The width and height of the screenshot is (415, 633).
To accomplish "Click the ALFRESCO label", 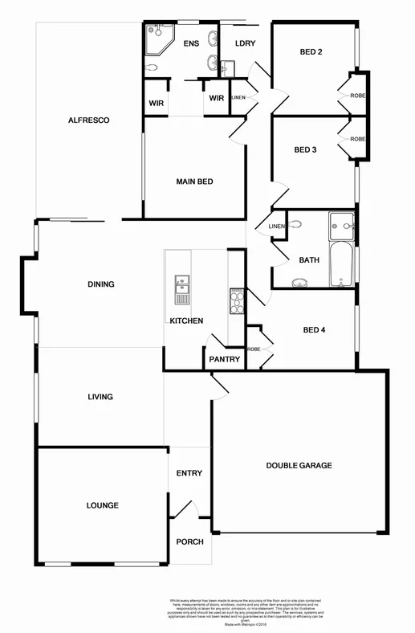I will [88, 120].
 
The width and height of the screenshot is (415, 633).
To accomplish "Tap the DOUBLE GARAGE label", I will [299, 465].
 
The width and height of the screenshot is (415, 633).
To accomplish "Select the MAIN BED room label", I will [194, 182].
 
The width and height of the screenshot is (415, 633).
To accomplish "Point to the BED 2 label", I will [311, 52].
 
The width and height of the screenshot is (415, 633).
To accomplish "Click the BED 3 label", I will [305, 149].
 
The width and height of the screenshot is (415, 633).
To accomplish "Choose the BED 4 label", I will [315, 329].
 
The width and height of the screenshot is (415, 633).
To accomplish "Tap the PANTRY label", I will [224, 359].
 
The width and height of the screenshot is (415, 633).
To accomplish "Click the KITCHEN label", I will [185, 321].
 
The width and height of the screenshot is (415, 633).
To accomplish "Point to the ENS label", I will [191, 43].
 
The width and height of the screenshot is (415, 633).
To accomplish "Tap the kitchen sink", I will [181, 287].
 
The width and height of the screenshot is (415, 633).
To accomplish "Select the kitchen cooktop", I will [237, 300].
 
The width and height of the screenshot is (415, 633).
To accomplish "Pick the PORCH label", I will [189, 541].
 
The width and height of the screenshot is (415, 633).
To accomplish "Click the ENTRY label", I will [189, 473].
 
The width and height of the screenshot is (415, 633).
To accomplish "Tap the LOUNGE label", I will [103, 505].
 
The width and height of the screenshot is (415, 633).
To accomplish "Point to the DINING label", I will [101, 284].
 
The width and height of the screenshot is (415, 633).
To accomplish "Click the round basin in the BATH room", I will [301, 282].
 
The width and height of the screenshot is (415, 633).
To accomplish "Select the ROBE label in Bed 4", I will [254, 349].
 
